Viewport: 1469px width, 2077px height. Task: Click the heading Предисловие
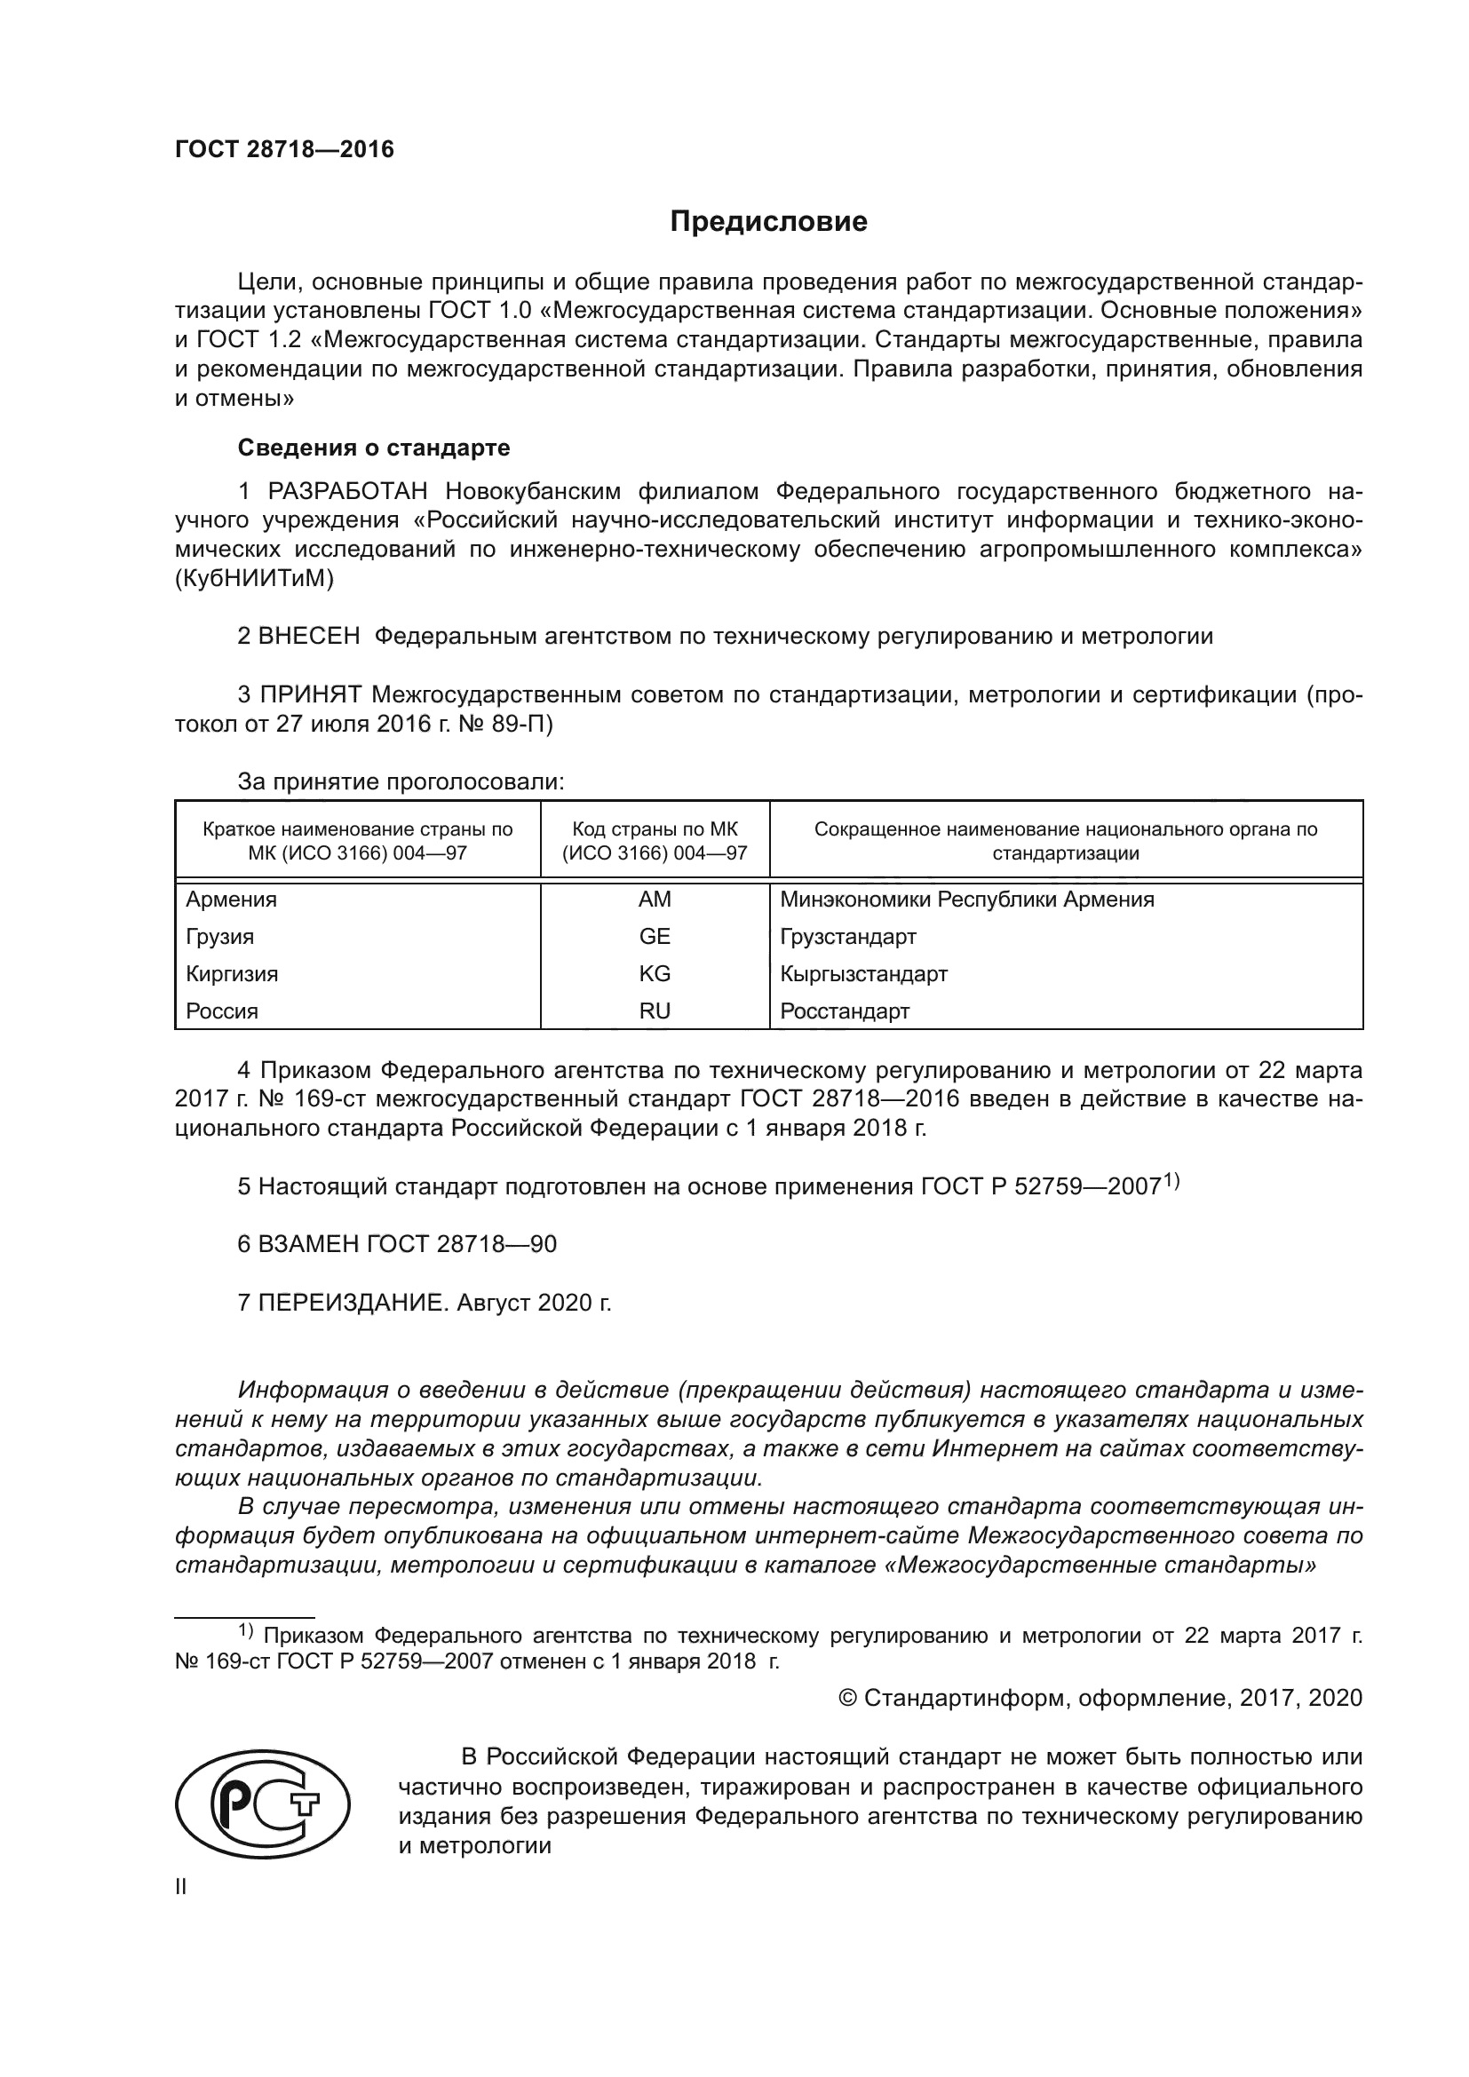[x=768, y=222]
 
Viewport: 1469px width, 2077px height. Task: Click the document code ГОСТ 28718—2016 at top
[x=284, y=149]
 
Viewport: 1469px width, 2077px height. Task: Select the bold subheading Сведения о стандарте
[x=374, y=448]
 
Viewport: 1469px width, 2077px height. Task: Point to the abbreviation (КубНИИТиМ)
[x=254, y=579]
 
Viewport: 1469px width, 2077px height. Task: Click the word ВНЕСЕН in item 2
[x=309, y=636]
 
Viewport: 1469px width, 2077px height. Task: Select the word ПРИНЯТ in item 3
[x=311, y=694]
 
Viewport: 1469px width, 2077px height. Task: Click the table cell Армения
[x=232, y=900]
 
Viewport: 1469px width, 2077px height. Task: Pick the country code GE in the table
[x=654, y=936]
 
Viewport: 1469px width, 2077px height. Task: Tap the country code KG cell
[x=654, y=973]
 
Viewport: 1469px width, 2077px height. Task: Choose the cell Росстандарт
[x=844, y=1011]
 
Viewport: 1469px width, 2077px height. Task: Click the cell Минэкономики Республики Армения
[x=966, y=900]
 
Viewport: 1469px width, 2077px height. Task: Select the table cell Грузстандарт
[x=847, y=936]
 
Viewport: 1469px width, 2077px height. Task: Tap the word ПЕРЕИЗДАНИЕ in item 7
[x=352, y=1303]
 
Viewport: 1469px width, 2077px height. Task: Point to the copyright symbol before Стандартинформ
[x=847, y=1698]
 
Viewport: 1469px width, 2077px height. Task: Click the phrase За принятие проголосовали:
[x=401, y=781]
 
